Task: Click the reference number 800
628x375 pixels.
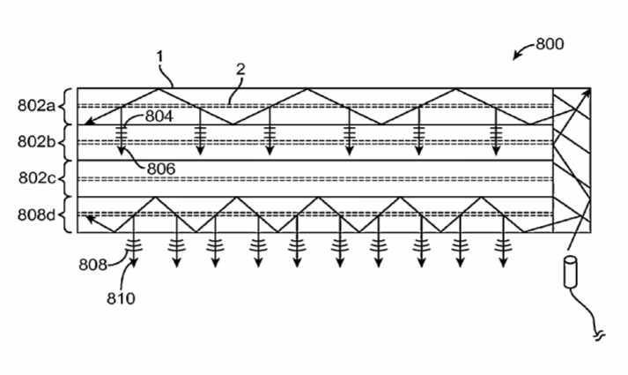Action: tap(550, 44)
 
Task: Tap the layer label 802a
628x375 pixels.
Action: tap(36, 106)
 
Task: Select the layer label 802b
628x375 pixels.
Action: tap(36, 141)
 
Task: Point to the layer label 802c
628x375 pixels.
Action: tap(37, 177)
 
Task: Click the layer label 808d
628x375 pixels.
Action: tap(36, 215)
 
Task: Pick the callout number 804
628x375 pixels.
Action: tap(159, 116)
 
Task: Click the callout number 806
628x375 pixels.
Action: tap(161, 169)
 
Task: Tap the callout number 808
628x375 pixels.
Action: tap(92, 265)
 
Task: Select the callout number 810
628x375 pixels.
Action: tap(121, 298)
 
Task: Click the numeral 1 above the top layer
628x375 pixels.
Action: tap(160, 56)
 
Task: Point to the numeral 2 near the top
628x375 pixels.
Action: tap(240, 70)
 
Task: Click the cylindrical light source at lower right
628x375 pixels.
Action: tap(571, 272)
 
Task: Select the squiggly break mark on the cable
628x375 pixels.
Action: tap(599, 335)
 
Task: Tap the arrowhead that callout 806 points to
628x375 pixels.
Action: tap(121, 151)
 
